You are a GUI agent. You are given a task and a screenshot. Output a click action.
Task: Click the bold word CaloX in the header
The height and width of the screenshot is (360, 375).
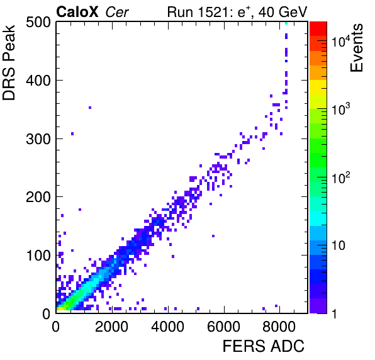click(77, 12)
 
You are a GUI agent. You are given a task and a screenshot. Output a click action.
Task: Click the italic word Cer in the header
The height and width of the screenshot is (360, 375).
click(117, 13)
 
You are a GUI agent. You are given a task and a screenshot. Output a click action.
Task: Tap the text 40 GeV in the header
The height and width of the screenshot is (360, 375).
click(283, 12)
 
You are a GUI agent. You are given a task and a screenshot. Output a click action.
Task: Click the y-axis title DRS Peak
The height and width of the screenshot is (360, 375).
click(9, 62)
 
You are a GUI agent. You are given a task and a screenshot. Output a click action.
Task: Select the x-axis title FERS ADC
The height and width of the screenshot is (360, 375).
click(264, 346)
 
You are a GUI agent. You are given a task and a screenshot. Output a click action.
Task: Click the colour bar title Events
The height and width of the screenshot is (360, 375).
click(357, 48)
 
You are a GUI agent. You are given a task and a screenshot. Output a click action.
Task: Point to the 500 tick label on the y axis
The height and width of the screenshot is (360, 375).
click(38, 23)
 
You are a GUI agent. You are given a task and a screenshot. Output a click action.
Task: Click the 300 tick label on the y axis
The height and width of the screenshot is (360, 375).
click(38, 138)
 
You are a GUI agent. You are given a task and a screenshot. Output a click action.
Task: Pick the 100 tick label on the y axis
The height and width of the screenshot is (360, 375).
click(38, 256)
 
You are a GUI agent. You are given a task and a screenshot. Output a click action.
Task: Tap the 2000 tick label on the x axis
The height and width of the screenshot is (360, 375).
click(112, 327)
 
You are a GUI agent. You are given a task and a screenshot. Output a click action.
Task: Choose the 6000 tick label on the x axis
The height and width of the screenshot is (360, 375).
click(223, 327)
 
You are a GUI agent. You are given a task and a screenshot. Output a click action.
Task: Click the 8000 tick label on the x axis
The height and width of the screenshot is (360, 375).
click(279, 327)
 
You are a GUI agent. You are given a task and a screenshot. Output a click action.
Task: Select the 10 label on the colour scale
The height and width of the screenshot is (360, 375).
click(339, 245)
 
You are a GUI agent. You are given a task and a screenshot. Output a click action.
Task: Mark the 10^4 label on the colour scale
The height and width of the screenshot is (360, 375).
click(341, 41)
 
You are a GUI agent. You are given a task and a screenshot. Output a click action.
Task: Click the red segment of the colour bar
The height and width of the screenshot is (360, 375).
click(318, 29)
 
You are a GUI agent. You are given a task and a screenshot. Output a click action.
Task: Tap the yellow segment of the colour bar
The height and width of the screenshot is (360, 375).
click(318, 87)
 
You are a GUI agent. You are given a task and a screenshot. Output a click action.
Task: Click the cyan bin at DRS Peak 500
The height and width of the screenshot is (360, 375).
click(286, 23)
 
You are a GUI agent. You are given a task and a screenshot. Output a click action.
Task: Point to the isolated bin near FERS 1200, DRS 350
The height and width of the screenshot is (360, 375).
click(90, 108)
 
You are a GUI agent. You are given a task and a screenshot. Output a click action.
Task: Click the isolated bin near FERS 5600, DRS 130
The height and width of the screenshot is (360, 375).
click(213, 236)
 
